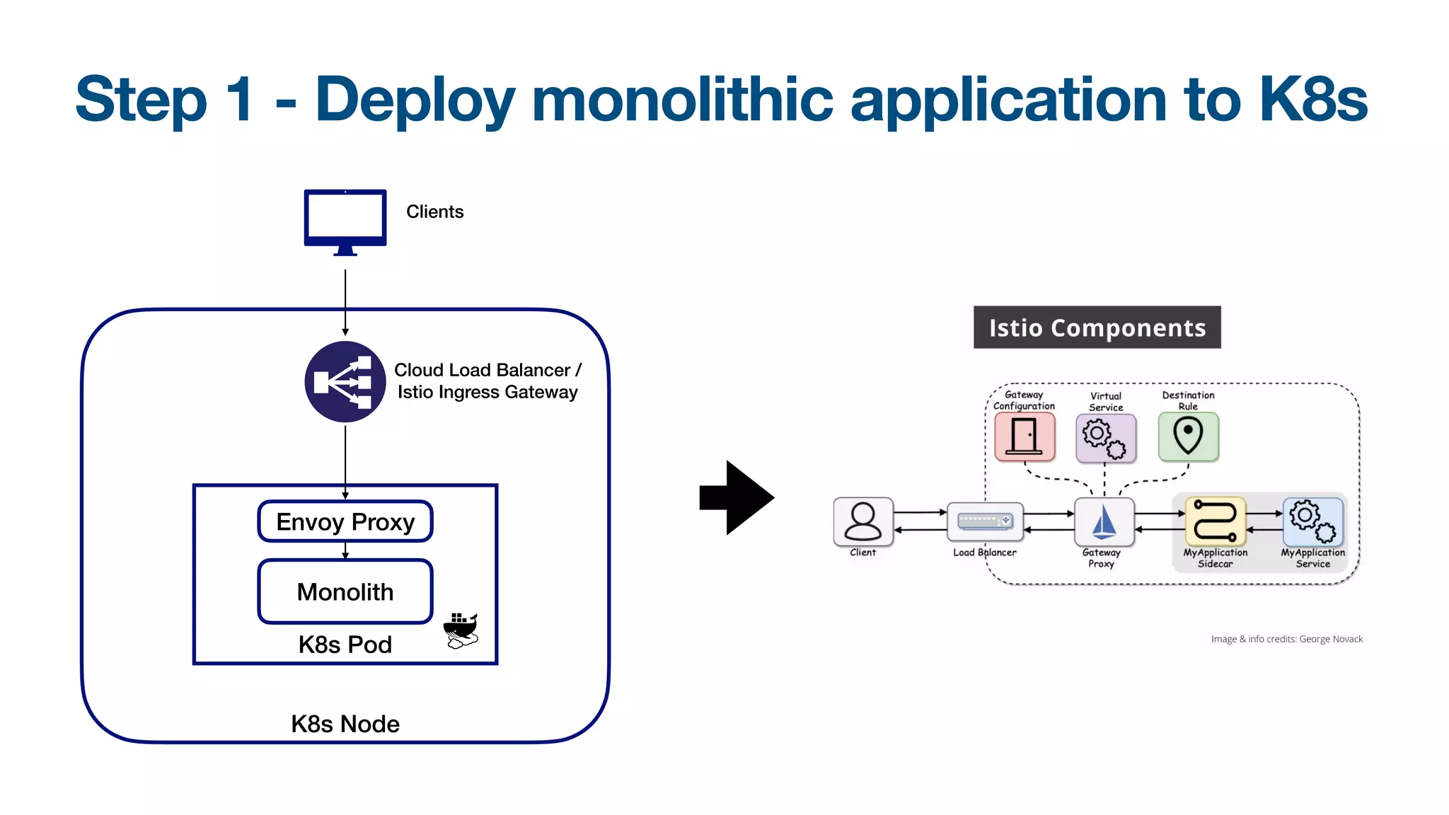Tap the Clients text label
click(x=434, y=212)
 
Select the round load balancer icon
click(x=345, y=382)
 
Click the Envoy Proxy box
click(x=345, y=522)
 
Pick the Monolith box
click(x=345, y=591)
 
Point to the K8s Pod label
click(x=345, y=645)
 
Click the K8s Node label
click(x=345, y=724)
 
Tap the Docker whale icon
click(x=461, y=630)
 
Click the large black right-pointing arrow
click(x=737, y=497)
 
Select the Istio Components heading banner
click(x=1097, y=328)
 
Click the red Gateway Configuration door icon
click(x=1024, y=437)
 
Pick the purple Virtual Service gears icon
click(x=1106, y=438)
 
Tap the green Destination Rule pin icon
click(x=1188, y=437)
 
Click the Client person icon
click(x=863, y=522)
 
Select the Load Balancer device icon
click(x=985, y=522)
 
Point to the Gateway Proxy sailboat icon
click(x=1104, y=522)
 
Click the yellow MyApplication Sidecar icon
click(x=1215, y=520)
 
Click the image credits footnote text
click(x=1286, y=639)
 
